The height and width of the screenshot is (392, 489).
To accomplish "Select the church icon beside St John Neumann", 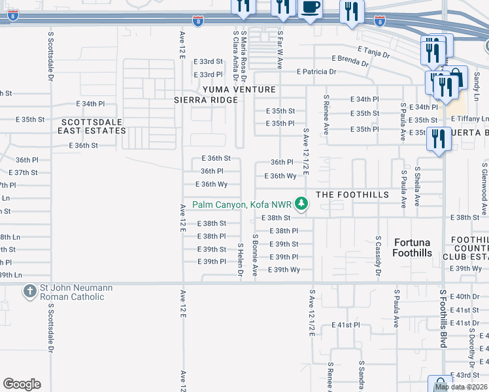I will (29, 291).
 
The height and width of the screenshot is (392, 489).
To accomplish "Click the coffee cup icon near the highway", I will (310, 8).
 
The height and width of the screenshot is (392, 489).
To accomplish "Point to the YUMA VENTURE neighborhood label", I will (239, 90).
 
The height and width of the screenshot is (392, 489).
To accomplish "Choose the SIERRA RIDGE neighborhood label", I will (206, 100).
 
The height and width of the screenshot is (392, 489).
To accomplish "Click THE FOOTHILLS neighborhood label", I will (352, 195).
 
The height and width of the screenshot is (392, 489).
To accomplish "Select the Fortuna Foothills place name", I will (413, 248).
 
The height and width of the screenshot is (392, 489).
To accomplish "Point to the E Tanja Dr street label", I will (373, 49).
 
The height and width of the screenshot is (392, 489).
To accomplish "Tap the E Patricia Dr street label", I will (316, 72).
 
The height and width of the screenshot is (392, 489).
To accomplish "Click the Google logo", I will (22, 384).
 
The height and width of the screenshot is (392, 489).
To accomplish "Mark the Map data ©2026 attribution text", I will (461, 387).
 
